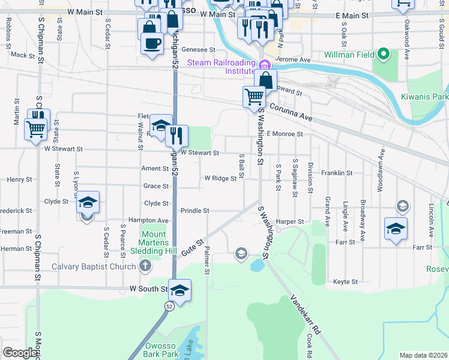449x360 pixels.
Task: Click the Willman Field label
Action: (348, 55)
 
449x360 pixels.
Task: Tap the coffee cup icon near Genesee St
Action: (152, 43)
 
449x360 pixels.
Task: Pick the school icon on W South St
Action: (179, 290)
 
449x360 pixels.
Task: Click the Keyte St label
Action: (345, 281)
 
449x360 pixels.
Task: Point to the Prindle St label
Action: (194, 211)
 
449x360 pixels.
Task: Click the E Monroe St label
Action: (282, 134)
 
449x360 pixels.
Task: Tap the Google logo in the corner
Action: (20, 353)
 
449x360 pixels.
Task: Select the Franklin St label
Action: (336, 173)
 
